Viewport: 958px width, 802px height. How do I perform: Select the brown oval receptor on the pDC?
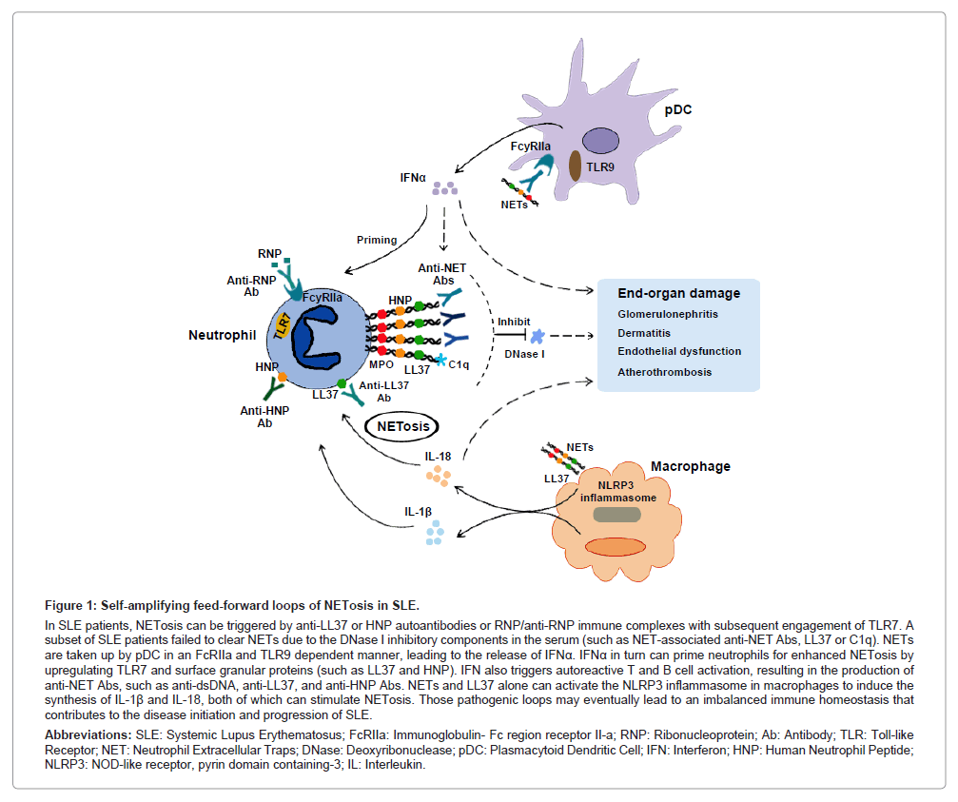[576, 164]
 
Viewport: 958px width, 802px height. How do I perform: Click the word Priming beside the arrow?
[377, 240]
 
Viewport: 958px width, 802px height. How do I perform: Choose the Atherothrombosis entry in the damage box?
[664, 372]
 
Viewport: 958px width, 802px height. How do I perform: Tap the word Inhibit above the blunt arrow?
[513, 322]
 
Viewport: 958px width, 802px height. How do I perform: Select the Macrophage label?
[690, 466]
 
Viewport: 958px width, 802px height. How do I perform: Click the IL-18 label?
[439, 457]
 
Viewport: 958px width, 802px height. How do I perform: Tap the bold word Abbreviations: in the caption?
[89, 735]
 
